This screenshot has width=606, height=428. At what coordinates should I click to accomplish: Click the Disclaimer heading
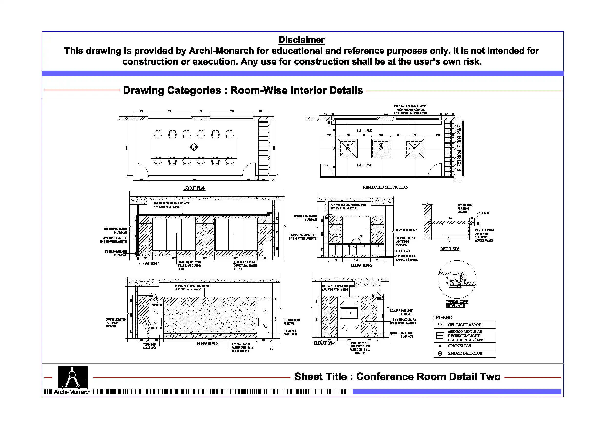click(x=301, y=40)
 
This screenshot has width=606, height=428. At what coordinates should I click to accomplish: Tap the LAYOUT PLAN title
click(x=194, y=188)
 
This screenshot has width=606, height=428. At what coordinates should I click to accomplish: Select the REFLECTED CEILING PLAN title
click(x=385, y=187)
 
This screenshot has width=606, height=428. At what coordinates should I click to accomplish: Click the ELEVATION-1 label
click(x=149, y=264)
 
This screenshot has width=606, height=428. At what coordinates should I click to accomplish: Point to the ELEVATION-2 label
click(x=361, y=265)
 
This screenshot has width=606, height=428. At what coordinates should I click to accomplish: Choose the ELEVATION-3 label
click(x=207, y=343)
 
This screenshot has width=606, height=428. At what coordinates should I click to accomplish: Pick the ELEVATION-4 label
click(x=325, y=343)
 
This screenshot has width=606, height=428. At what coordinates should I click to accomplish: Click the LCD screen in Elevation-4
click(x=350, y=313)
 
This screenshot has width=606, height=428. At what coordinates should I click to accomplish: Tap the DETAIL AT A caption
click(x=450, y=249)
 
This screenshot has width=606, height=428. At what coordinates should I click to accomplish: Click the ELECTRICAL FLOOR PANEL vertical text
click(x=459, y=147)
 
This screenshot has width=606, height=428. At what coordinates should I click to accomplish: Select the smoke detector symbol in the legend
click(x=440, y=354)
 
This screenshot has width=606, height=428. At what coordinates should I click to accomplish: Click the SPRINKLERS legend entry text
click(x=459, y=346)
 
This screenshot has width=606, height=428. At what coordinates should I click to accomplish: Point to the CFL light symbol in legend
click(x=440, y=325)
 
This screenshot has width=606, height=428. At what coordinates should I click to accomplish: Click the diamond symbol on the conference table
click(x=194, y=147)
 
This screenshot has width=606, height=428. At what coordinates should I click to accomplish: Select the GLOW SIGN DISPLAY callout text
click(x=406, y=230)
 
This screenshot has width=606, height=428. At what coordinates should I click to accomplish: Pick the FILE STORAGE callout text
click(x=403, y=251)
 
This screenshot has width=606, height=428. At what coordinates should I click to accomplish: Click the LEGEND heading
click(x=442, y=318)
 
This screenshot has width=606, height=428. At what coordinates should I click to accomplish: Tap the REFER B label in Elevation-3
click(x=157, y=305)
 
